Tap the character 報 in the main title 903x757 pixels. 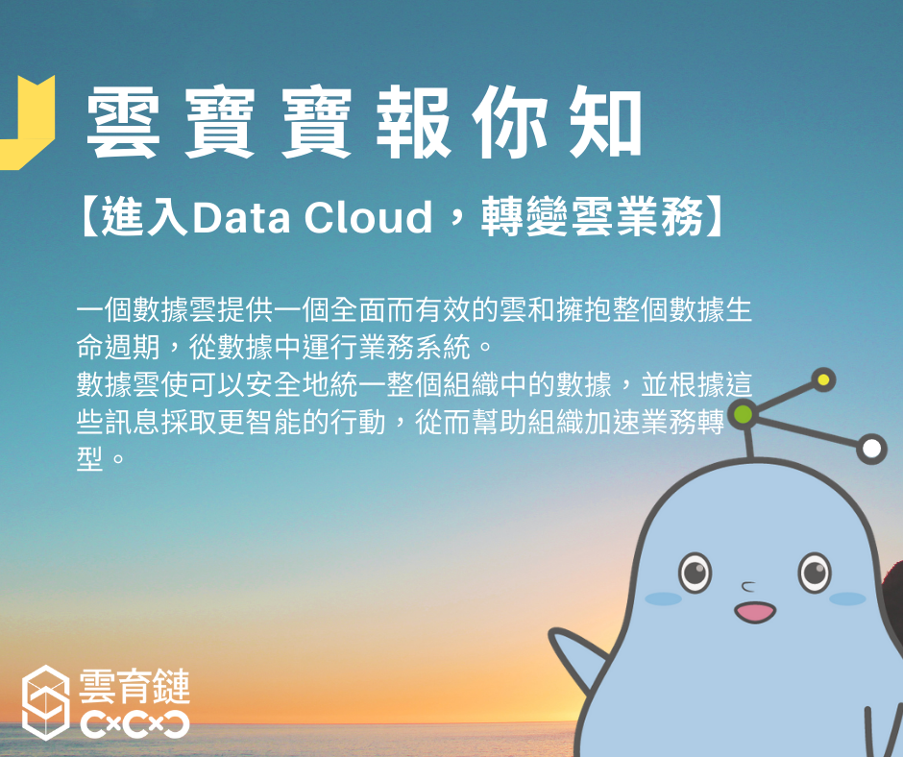(412, 122)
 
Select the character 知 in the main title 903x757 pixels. (605, 122)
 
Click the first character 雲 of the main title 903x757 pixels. (123, 122)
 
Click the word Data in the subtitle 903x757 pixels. (241, 217)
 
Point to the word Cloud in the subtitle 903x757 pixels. (368, 217)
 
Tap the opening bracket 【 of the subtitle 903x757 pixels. (88, 217)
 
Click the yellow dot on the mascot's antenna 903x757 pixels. (823, 379)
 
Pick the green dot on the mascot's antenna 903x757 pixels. (744, 414)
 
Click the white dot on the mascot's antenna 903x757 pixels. (872, 449)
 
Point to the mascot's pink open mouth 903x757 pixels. (755, 612)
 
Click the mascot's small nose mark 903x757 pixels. (748, 587)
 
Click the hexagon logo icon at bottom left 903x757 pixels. (45, 702)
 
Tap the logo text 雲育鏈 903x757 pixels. (134, 686)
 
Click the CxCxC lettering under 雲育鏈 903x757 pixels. (134, 724)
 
